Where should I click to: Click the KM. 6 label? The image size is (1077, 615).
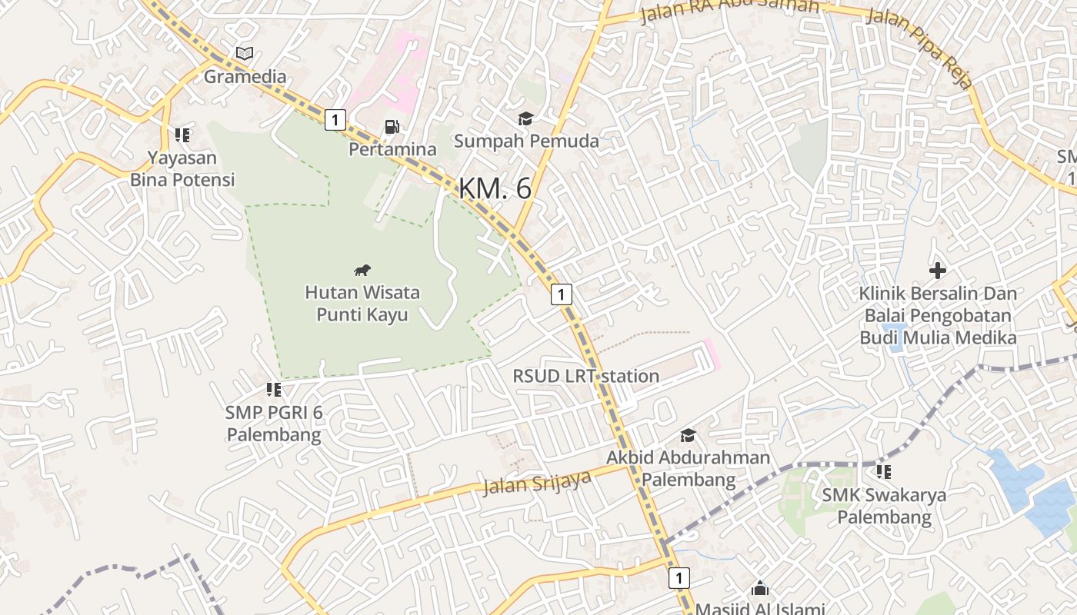tap(495, 188)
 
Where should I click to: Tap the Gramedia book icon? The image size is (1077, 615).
tap(245, 54)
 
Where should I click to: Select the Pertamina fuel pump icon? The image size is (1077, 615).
tap(392, 127)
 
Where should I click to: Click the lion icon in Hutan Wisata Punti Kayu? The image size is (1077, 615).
tap(362, 270)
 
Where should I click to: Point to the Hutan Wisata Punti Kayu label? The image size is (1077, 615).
tap(362, 304)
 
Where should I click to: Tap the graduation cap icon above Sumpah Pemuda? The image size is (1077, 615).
tap(525, 118)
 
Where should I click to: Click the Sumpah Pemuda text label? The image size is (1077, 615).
tap(526, 141)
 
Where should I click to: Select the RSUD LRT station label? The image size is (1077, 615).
tap(586, 376)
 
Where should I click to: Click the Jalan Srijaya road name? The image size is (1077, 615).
tap(537, 483)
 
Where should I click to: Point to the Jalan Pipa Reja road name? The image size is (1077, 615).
tap(919, 48)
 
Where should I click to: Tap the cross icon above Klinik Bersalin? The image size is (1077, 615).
tap(937, 271)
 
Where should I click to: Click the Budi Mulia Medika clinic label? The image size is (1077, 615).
tap(938, 315)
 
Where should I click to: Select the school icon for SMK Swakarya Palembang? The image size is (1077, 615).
tap(884, 471)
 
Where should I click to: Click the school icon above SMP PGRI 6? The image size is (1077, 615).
tap(273, 390)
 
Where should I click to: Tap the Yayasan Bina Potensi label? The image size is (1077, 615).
tap(182, 169)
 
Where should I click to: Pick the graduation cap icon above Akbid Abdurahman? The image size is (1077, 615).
tap(688, 435)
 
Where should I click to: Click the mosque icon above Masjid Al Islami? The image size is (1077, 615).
tap(759, 589)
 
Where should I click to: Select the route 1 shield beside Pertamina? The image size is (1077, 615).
tap(335, 120)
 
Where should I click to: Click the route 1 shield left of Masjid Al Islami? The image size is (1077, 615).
tap(679, 577)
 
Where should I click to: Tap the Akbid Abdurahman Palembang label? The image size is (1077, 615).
tap(688, 469)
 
